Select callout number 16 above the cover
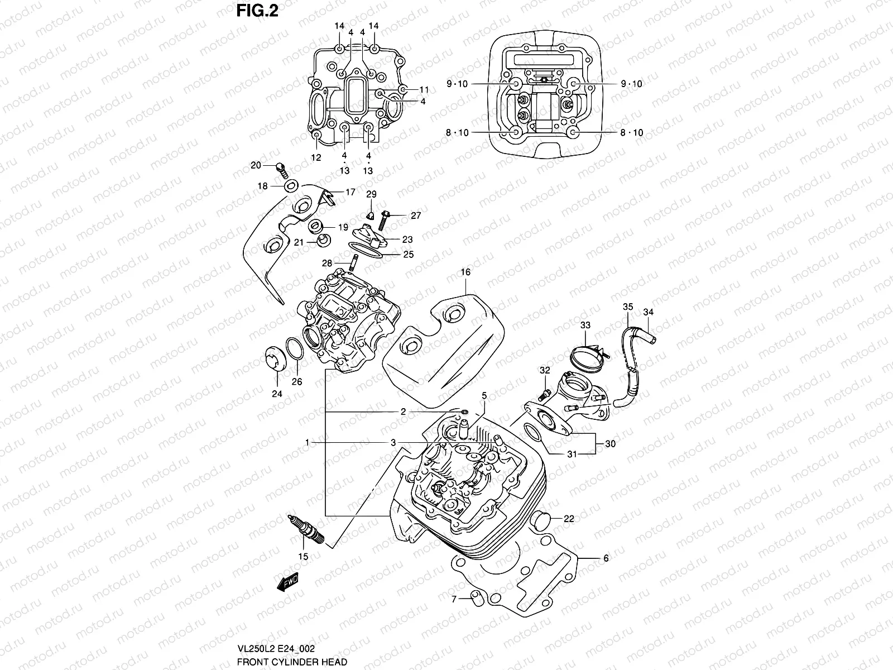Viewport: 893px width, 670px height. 465,272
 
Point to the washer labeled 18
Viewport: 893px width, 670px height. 291,186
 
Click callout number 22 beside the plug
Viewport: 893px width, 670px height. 568,519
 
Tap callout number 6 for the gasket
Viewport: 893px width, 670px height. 606,558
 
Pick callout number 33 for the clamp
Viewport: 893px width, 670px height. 585,325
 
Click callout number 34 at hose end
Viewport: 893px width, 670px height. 648,312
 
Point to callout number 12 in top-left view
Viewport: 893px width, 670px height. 316,158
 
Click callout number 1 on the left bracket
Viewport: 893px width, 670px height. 307,442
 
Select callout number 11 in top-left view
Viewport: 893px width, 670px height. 424,89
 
